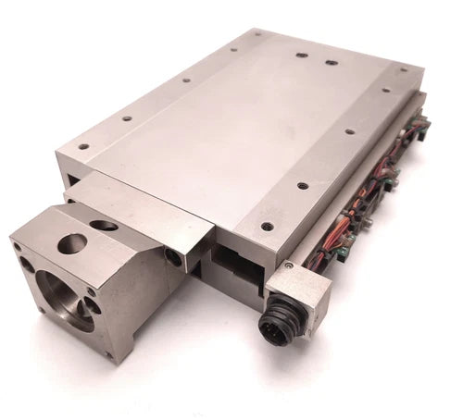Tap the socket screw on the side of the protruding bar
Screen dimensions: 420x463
coord(171,256)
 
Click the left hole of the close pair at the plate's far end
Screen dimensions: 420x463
coord(302,56)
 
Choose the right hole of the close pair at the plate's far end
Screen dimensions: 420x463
coord(331,64)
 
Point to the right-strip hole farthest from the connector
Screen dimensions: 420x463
coord(382,92)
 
